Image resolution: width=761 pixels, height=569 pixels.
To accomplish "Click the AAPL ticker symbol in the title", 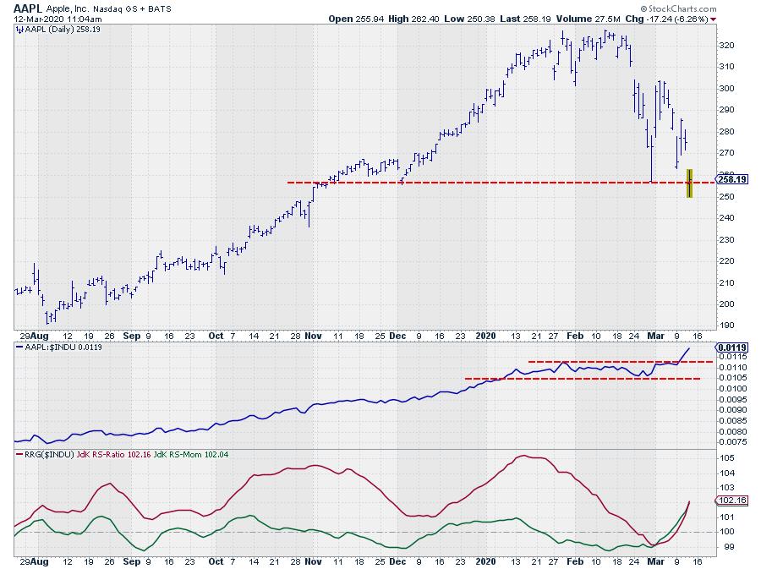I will pos(26,7).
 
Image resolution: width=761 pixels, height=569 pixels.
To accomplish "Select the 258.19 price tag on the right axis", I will pos(728,179).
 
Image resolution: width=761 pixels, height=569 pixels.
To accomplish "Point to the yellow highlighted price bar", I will pos(690,183).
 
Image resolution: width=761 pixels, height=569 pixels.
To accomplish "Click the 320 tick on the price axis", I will pos(725,45).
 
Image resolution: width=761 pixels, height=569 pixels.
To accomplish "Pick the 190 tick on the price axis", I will pos(725,326).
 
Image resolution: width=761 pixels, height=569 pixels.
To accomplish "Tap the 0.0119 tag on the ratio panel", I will pos(730,347).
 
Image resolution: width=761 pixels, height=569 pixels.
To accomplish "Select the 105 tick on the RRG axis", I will pos(725,458).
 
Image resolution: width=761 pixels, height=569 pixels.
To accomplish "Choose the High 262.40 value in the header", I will pos(414,18).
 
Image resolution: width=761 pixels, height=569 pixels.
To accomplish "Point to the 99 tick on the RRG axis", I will pos(723,546).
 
